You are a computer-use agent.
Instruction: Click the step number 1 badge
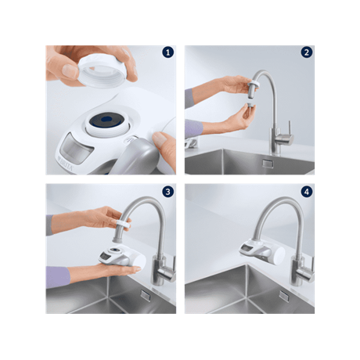[167, 52]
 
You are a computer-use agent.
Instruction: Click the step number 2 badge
[307, 52]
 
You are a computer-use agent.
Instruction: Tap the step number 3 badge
[167, 192]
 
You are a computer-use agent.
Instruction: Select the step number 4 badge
[307, 192]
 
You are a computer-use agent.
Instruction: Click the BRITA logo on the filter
[65, 163]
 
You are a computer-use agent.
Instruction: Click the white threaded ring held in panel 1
[100, 71]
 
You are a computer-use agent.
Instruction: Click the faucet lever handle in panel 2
[289, 127]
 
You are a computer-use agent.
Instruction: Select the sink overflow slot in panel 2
[268, 164]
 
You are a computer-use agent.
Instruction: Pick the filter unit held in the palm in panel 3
[122, 257]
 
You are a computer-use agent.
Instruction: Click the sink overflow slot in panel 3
[146, 296]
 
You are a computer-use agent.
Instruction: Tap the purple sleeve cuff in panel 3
[58, 277]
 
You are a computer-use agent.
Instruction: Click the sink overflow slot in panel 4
[284, 297]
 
